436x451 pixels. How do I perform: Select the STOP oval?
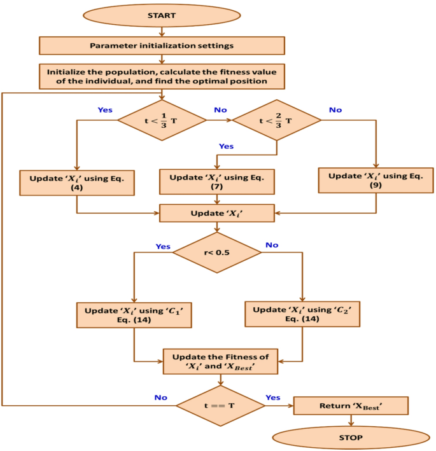pos(351,438)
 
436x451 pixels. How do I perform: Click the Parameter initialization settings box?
pos(162,45)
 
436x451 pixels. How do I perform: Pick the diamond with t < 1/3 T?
pos(162,120)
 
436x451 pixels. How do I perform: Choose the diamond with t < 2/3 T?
pos(277,120)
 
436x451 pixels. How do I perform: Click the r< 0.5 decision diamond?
pos(217,252)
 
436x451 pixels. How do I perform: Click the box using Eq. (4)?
pos(76,183)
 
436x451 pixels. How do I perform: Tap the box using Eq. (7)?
pos(217,182)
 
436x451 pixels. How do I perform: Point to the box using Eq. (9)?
pos(376,181)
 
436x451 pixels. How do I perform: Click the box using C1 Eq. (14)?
pos(134,315)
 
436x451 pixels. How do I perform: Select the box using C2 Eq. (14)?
pos(302,314)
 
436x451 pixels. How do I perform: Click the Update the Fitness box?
pos(220,361)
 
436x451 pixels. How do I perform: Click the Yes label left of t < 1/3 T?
pos(105,110)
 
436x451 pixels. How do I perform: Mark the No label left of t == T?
pos(160,398)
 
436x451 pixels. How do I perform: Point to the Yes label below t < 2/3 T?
pos(226,147)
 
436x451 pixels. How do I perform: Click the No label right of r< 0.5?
pos(271,245)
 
